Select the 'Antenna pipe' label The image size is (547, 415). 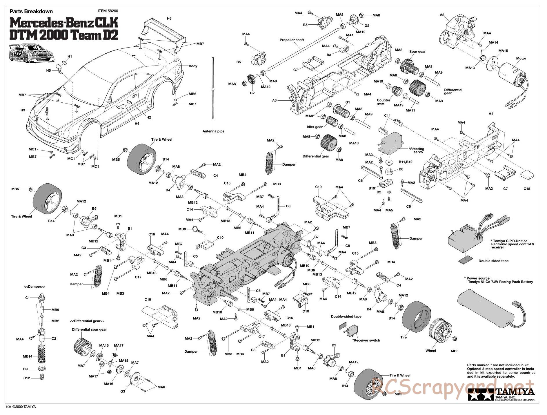click(213, 131)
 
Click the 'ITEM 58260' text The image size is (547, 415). click(108, 11)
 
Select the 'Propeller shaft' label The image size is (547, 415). click(292, 40)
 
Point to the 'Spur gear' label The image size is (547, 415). click(417, 52)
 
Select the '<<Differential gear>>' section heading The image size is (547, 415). click(87, 321)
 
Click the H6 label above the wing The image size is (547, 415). click(169, 19)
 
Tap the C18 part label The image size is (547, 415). click(526, 189)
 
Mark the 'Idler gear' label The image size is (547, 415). click(315, 127)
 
